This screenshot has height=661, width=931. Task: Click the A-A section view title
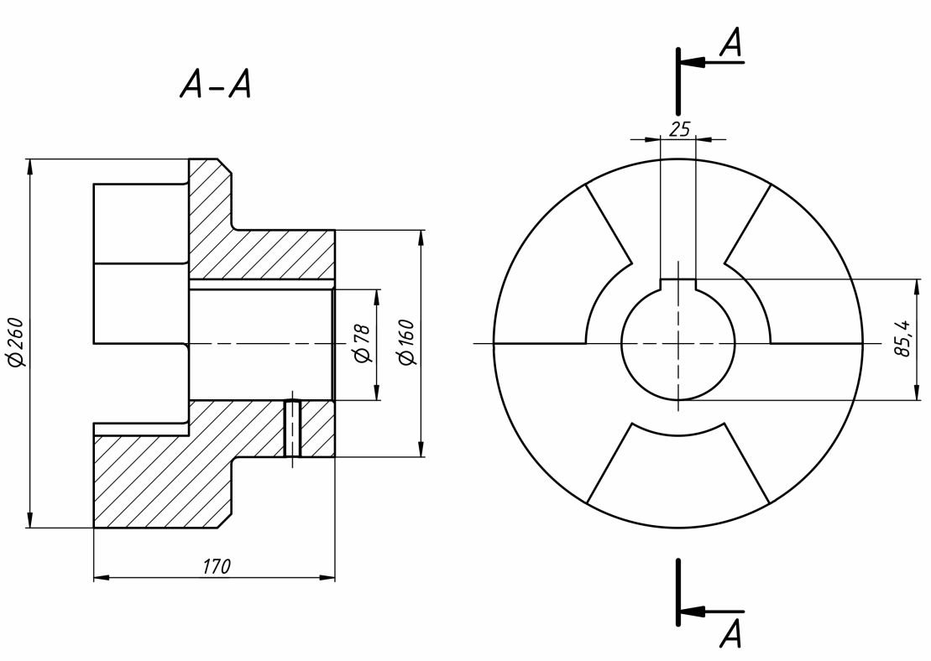[x=216, y=84]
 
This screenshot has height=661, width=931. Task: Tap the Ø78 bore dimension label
[x=361, y=344]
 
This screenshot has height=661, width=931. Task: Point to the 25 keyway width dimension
[x=679, y=128]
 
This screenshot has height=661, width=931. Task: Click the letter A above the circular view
[x=731, y=44]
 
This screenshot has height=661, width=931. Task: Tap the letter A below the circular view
[x=731, y=633]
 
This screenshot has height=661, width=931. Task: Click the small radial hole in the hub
[x=292, y=429]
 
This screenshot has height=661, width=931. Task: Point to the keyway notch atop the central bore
[x=678, y=285]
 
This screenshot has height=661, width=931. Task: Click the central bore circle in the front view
[x=622, y=344]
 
